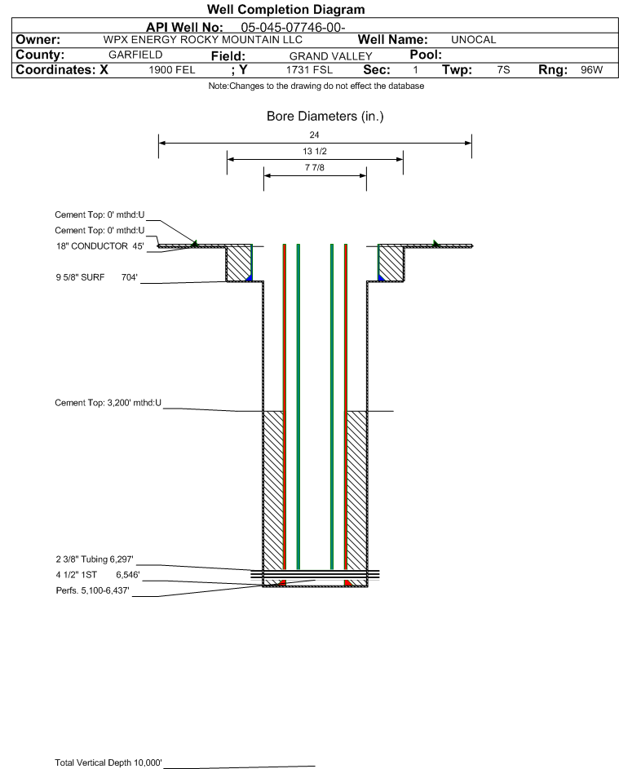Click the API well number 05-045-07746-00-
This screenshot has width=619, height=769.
[x=293, y=28]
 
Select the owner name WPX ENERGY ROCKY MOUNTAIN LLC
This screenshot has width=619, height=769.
[x=202, y=40]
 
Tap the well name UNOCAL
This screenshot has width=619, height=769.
[x=473, y=40]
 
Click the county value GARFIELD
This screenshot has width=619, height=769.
[x=135, y=55]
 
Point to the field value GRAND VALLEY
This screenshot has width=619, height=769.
[x=330, y=56]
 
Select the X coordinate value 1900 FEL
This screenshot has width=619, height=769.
[x=171, y=70]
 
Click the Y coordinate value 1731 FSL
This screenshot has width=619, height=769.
[x=309, y=70]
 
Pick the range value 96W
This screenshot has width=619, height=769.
[x=591, y=69]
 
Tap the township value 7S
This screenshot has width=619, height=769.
[x=503, y=69]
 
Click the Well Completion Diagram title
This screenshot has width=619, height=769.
[x=286, y=9]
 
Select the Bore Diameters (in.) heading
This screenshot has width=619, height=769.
[x=325, y=117]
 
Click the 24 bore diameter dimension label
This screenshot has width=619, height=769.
[x=315, y=135]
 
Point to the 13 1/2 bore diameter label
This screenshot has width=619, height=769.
[x=315, y=151]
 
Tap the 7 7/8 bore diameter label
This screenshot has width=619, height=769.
[x=315, y=168]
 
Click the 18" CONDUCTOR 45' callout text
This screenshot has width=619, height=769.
[x=100, y=246]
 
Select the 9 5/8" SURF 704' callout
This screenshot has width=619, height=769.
[x=96, y=277]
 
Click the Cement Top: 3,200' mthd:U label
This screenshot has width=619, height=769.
[x=108, y=403]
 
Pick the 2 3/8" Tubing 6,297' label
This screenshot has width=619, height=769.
[x=95, y=559]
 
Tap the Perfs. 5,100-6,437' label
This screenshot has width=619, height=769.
[x=93, y=590]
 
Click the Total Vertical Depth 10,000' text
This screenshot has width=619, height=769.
[x=108, y=762]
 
